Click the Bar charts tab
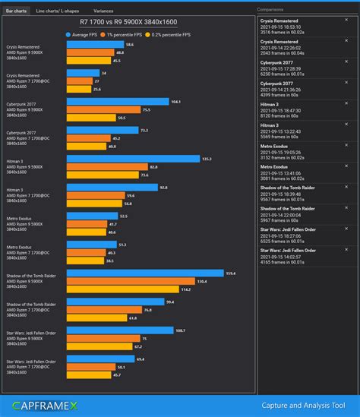tap(16, 11)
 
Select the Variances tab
tap(103, 11)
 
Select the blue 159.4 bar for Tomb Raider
tap(145, 273)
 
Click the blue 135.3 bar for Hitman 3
tap(133, 159)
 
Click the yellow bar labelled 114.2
tap(122, 289)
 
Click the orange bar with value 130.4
tap(130, 281)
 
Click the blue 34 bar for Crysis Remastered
tap(83, 73)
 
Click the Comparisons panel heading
tap(272, 10)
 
